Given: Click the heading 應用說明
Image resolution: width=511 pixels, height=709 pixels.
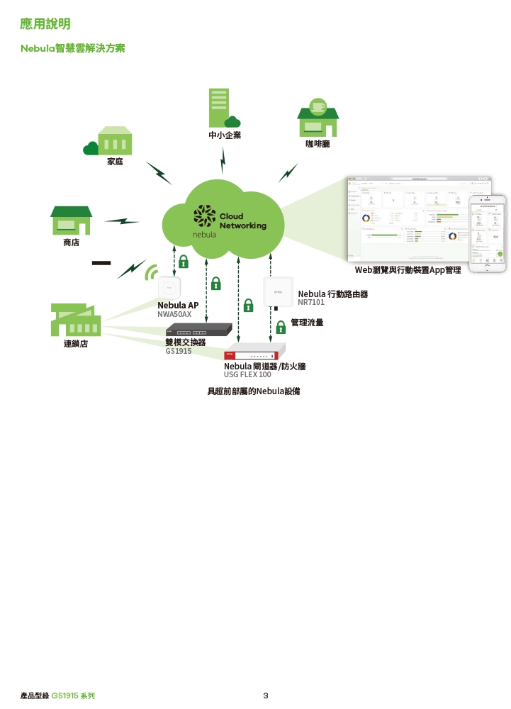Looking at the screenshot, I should (45, 25).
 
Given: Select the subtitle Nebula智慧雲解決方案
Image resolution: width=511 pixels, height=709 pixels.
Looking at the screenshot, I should (73, 49).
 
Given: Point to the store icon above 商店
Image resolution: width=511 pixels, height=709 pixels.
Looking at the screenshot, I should (71, 220).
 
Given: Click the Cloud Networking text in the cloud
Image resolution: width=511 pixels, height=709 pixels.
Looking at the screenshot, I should (242, 221).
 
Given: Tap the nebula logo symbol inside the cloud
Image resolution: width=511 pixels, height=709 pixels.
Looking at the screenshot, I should (205, 216).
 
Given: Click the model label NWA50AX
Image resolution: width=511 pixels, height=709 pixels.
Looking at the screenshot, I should (174, 313).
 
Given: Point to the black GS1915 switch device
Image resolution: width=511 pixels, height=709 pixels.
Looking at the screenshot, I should (198, 330).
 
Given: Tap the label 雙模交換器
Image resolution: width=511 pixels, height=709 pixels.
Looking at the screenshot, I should (186, 342).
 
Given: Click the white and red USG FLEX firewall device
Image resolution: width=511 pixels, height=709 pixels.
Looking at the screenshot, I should (254, 353).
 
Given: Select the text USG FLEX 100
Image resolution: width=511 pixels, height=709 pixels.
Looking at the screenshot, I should (247, 374).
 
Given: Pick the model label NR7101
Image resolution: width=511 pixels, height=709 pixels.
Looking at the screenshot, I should (311, 302).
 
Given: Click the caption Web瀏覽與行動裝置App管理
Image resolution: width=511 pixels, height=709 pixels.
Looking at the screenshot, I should (408, 270).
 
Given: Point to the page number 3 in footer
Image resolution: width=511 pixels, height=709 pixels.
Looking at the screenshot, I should (265, 696).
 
